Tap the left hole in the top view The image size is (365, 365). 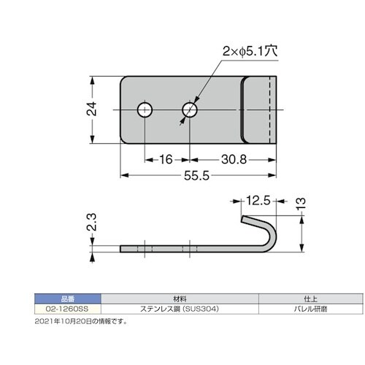tap(145, 110)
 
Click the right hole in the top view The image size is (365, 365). tap(190, 110)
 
